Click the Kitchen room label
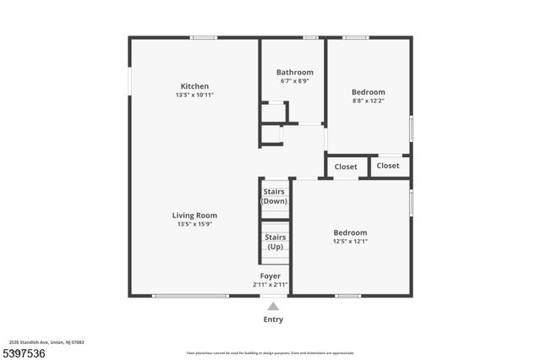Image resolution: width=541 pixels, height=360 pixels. pos(194,85)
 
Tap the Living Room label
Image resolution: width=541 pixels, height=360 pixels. pos(194,215)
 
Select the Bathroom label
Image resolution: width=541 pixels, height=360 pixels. pos(295,72)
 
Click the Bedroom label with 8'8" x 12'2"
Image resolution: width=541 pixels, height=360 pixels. pos(369,92)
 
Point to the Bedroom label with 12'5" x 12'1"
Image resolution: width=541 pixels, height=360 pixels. pos(350,232)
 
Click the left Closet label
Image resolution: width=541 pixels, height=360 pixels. pos(346,166)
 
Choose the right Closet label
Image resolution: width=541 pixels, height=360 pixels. pos(388,166)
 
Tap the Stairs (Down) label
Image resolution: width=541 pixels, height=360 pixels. pos(274,196)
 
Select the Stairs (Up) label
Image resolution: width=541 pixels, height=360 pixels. pos(275,242)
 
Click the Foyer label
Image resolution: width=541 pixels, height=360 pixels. pos(270,275)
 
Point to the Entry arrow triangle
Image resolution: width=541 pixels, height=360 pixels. pos(272,307)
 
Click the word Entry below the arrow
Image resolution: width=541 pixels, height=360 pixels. pos(273,319)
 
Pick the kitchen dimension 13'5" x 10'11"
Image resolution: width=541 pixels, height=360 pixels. pos(194,95)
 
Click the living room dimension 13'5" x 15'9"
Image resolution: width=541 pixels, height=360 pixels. pos(194,224)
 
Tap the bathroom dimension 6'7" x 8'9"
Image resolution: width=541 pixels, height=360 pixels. pos(295,81)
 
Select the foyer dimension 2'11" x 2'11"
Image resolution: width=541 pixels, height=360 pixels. pos(270,285)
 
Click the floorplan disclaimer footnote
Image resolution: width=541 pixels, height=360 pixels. pos(270,353)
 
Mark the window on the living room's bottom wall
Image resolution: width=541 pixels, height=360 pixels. pos(190,296)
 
